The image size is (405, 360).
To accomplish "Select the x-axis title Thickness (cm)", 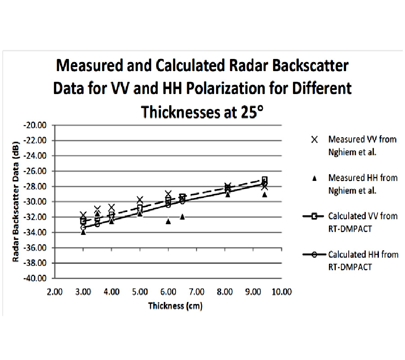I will tap(175, 306).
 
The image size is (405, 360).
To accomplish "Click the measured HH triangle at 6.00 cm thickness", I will tap(168, 221).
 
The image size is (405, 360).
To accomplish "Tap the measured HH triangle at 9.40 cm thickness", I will tap(265, 194).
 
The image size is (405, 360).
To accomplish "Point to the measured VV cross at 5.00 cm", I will tap(140, 199).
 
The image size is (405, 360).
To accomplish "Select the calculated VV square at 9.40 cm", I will tap(265, 180).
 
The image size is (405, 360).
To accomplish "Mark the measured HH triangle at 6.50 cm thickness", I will tap(182, 216).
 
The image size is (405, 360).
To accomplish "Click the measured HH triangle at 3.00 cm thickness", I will tap(83, 232).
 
